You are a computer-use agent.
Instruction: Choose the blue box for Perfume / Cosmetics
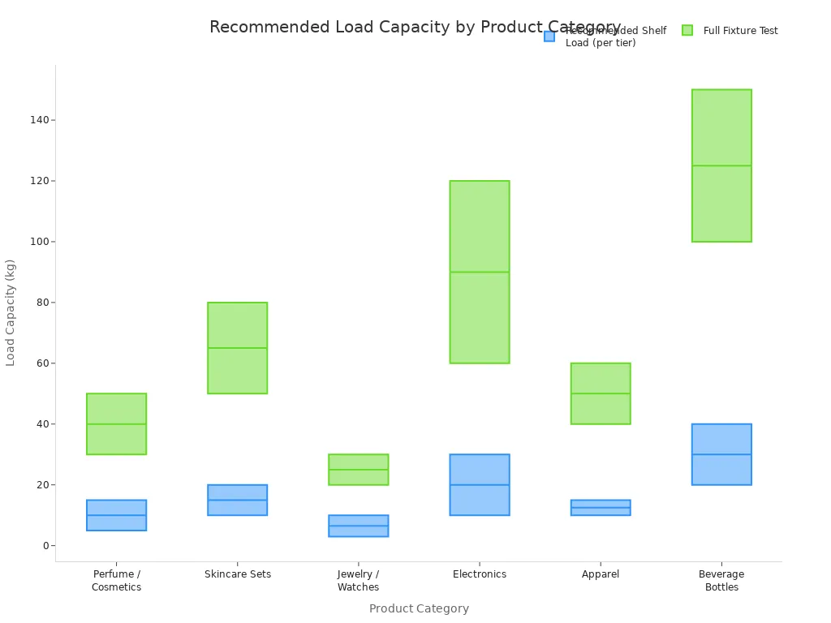117,522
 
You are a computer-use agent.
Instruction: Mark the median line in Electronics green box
480,272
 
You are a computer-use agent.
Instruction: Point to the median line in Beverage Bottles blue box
721,454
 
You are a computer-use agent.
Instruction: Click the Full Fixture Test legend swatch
687,31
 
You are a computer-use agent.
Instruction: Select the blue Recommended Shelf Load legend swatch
549,36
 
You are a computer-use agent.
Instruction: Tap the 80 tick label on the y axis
41,303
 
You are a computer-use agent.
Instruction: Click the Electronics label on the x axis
480,574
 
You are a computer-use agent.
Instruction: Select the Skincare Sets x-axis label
238,574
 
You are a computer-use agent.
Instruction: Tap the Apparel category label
601,574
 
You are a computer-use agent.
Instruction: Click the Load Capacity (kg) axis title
11,312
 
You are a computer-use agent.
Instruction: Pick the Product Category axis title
419,608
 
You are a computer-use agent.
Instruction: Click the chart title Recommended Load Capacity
415,28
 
